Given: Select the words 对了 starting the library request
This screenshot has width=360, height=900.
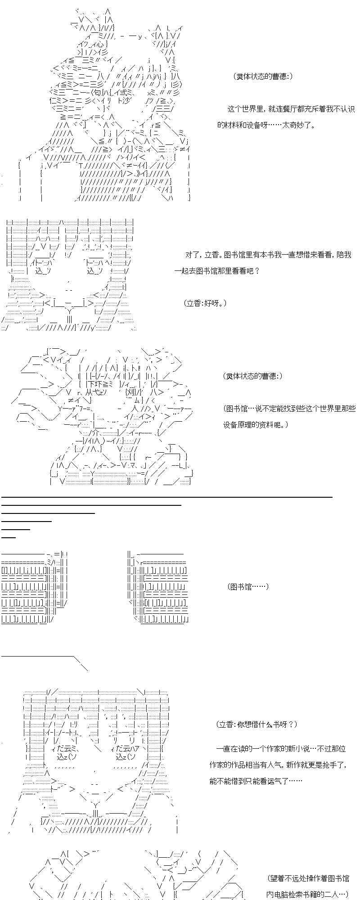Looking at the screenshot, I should click(192, 255).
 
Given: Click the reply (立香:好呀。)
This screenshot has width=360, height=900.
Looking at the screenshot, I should click(205, 303).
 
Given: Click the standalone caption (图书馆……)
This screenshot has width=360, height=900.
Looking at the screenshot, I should click(248, 586).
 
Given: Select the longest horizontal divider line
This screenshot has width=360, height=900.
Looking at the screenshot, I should click(166, 497).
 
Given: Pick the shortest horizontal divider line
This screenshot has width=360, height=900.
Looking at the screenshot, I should click(9, 537).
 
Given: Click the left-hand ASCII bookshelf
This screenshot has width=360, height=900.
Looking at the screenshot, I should click(34, 587).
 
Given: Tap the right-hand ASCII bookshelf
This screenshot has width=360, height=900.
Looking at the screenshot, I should click(157, 587).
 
